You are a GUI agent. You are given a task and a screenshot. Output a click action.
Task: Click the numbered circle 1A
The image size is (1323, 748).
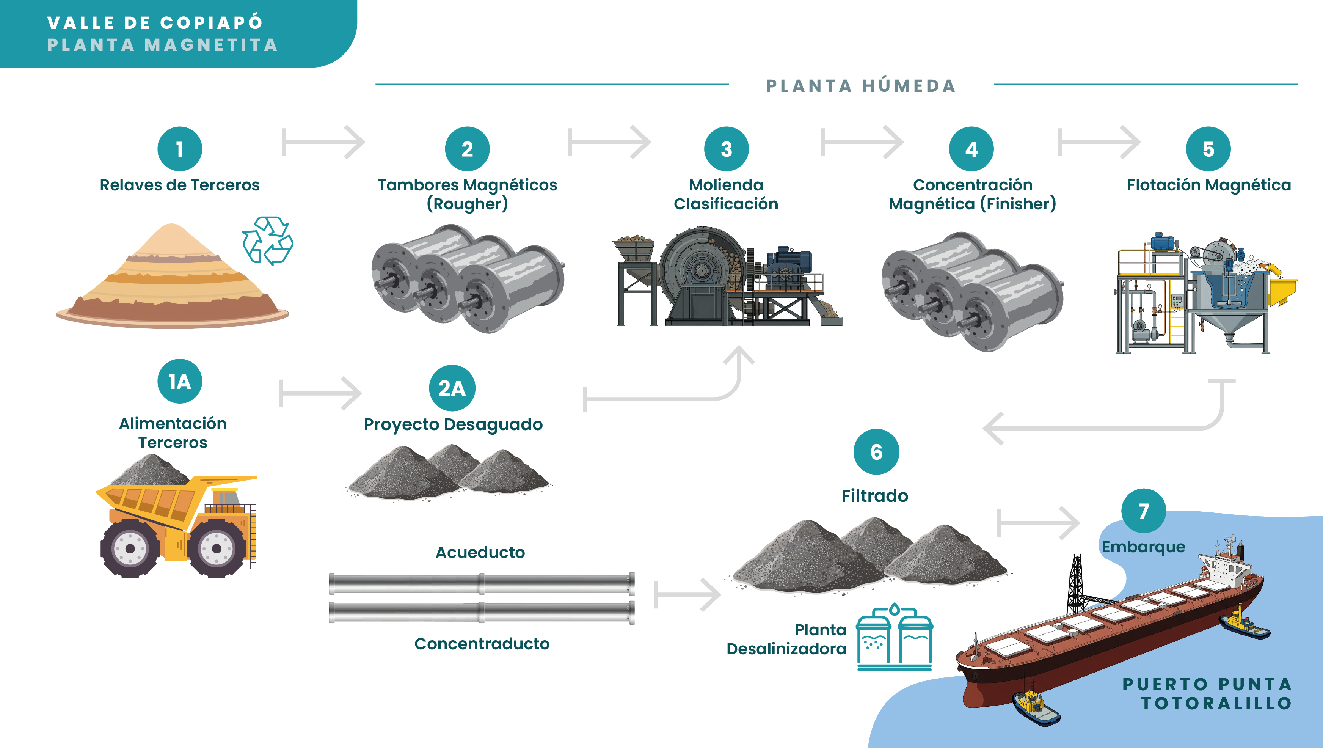tap(179, 381)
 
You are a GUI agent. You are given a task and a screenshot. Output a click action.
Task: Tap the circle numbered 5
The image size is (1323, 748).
tap(1208, 149)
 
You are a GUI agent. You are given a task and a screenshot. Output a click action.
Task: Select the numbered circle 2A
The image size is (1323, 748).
tap(452, 388)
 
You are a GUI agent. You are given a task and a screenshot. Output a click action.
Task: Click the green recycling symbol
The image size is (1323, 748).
tap(268, 241)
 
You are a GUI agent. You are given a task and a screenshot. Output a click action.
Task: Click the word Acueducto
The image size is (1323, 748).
tap(480, 552)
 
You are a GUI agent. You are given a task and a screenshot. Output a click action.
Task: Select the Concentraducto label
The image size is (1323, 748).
tap(482, 644)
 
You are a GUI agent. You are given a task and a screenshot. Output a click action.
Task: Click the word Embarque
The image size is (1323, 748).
tap(1143, 547)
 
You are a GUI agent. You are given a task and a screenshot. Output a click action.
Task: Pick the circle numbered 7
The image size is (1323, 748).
tap(1143, 511)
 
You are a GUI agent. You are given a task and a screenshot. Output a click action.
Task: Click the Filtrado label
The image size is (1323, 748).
tap(875, 496)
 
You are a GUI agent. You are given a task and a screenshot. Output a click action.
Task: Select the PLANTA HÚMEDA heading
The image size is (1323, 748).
tap(861, 86)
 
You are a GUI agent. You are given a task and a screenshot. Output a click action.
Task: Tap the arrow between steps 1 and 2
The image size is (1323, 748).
tap(323, 142)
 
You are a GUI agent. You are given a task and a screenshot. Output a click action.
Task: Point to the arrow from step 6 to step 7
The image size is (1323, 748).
tap(1037, 523)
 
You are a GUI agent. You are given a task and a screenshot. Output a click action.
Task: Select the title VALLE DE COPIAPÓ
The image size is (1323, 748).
tap(155, 23)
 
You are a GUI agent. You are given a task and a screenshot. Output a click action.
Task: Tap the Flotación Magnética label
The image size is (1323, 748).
tap(1208, 185)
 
